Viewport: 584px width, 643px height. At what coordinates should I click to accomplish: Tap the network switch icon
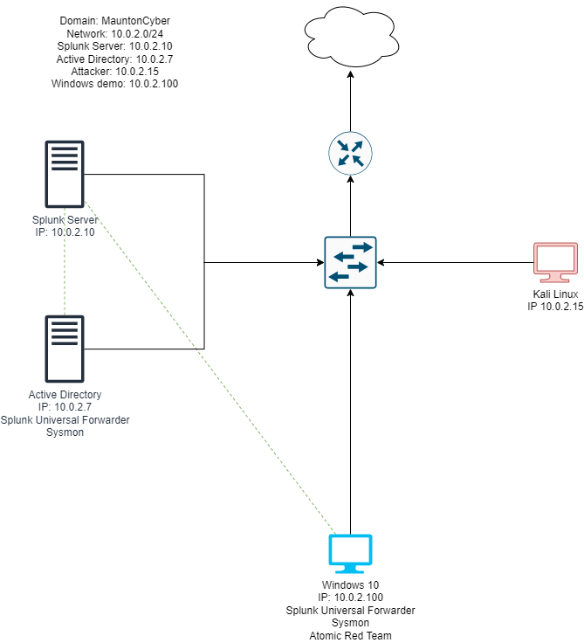[x=350, y=261]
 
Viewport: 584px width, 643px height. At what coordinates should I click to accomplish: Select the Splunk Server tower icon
[x=65, y=173]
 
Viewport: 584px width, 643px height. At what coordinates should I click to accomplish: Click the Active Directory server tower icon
[x=65, y=349]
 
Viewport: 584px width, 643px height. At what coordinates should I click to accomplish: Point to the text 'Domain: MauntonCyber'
[x=114, y=20]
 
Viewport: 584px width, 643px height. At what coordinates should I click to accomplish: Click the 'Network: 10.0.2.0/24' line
[x=114, y=33]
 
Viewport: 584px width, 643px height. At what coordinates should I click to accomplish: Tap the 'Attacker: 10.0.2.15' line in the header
[x=114, y=72]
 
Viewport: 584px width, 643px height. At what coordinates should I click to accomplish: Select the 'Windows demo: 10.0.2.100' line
[x=114, y=84]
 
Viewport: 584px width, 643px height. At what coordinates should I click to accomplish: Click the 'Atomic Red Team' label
[x=350, y=635]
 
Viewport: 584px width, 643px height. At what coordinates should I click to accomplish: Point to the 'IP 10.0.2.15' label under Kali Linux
[x=555, y=308]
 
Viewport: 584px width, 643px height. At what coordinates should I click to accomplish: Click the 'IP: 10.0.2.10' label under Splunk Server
[x=65, y=233]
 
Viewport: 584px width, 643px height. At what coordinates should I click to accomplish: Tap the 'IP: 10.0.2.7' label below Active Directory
[x=65, y=408]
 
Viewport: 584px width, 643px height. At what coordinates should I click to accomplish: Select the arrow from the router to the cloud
[x=350, y=100]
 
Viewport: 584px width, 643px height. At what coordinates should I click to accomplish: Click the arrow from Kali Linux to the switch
[x=454, y=261]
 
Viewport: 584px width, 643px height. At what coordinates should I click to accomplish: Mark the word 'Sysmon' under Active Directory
[x=65, y=432]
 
